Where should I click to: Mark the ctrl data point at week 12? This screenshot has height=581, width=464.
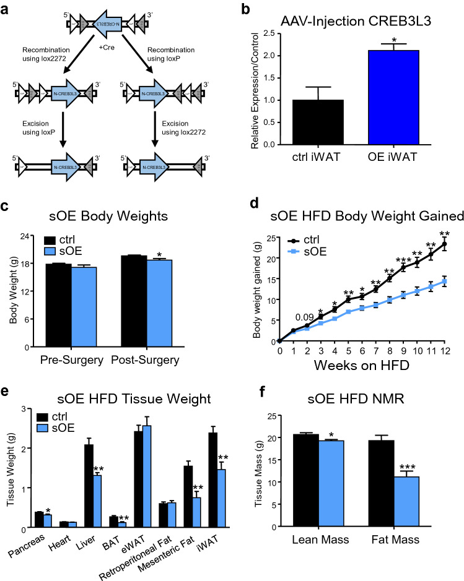444,244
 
